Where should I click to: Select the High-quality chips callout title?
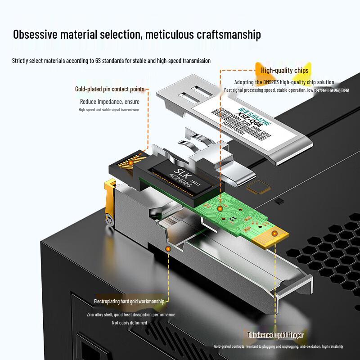pyautogui.click(x=284, y=71)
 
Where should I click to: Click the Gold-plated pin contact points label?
pyautogui.click(x=109, y=89)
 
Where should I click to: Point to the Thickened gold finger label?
pyautogui.click(x=275, y=335)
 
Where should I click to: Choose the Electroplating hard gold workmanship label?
pyautogui.click(x=131, y=301)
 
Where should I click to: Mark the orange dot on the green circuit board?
pyautogui.click(x=220, y=209)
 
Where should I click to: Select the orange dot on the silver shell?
pyautogui.click(x=168, y=248)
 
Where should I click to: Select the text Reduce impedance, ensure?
pyautogui.click(x=110, y=101)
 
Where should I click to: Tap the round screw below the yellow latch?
pyautogui.click(x=108, y=219)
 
